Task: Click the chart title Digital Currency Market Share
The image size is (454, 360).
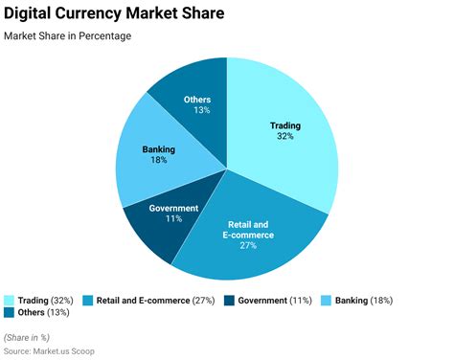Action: pyautogui.click(x=114, y=14)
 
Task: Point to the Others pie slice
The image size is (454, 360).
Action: pyautogui.click(x=192, y=96)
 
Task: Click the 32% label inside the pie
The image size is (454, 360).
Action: pyautogui.click(x=284, y=137)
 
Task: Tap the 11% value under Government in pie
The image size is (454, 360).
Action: pyautogui.click(x=174, y=219)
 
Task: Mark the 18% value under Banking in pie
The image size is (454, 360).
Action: pyautogui.click(x=158, y=161)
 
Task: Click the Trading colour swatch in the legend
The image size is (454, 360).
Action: pyautogui.click(x=9, y=300)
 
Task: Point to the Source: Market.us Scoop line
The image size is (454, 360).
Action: pyautogui.click(x=49, y=351)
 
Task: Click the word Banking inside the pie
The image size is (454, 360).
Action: pyautogui.click(x=158, y=149)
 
